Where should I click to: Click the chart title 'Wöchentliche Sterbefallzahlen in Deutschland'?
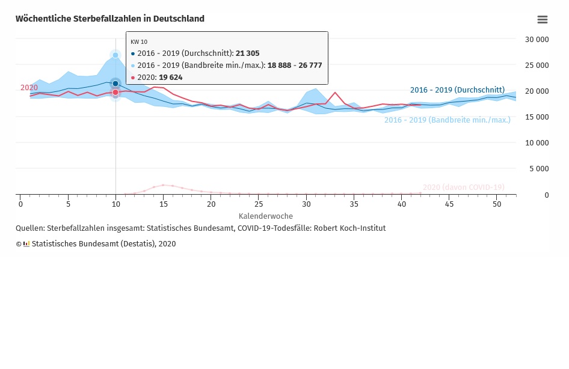110,19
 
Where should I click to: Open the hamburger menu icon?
542,20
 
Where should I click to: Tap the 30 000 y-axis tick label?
537,39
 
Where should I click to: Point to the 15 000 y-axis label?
537,117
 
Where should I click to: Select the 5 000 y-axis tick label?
538,169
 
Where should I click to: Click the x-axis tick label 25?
258,204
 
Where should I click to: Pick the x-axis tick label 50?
496,204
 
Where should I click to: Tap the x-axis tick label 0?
20,204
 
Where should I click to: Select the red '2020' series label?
29,88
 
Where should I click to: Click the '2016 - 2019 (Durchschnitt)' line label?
457,90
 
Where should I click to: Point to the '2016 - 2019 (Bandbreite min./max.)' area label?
447,120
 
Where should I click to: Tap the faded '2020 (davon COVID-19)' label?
463,188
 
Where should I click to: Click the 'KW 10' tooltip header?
139,41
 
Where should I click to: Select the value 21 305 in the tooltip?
247,53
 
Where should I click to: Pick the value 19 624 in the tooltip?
170,78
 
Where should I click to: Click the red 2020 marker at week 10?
115,93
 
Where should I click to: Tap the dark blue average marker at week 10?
115,84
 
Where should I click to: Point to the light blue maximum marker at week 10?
115,55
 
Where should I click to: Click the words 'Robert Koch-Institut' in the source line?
349,228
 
